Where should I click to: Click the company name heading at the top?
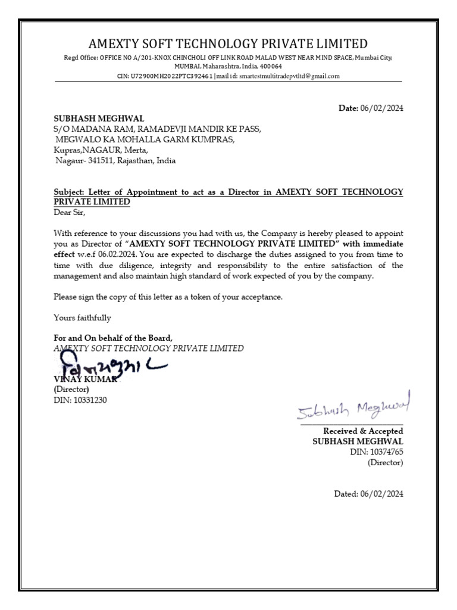click(x=228, y=43)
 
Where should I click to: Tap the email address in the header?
click(x=290, y=76)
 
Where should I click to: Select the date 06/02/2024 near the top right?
click(x=382, y=108)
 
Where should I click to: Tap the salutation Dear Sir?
click(x=70, y=212)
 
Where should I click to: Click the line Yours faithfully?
click(x=82, y=318)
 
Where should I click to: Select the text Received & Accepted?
click(x=363, y=431)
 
